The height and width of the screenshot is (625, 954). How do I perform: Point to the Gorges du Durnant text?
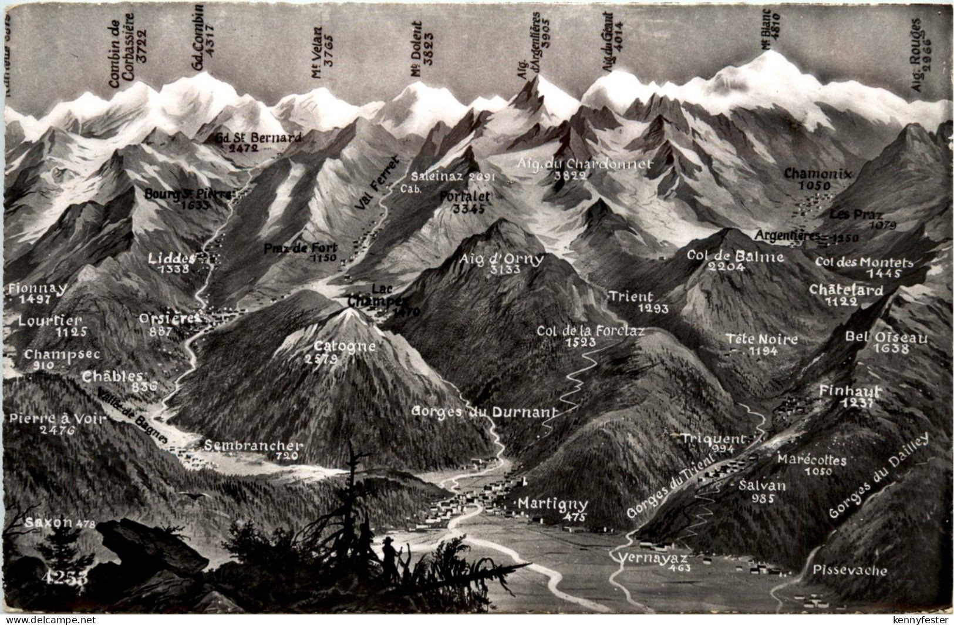tap(483, 411)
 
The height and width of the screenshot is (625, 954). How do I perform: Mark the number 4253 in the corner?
tap(65, 577)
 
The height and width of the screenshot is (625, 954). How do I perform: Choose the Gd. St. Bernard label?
tap(259, 138)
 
